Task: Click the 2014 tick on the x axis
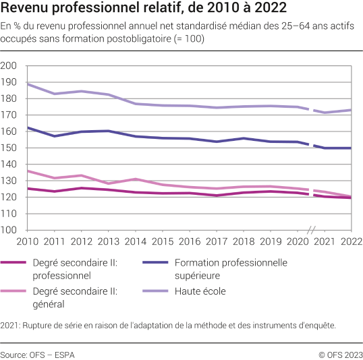tap(134, 241)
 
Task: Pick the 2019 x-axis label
tap(270, 241)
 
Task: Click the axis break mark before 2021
tap(312, 230)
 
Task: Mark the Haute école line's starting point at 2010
tap(26, 84)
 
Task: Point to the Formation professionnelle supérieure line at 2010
tap(26, 127)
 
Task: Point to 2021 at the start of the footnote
tap(10, 325)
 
